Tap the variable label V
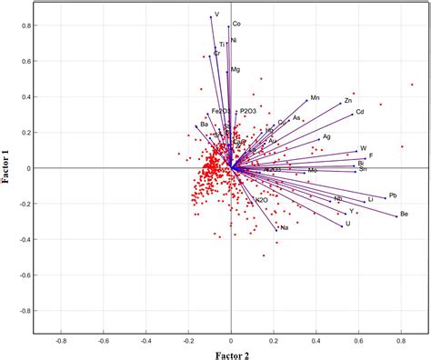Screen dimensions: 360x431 pyautogui.click(x=216, y=15)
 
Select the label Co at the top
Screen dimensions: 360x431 pyautogui.click(x=236, y=24)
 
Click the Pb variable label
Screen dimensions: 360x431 pyautogui.click(x=393, y=195)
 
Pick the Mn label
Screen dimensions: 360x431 pyautogui.click(x=315, y=97)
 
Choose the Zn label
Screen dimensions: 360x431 pyautogui.click(x=348, y=100)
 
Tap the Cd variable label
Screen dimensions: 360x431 pyautogui.click(x=360, y=113)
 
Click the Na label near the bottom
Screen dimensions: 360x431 pyautogui.click(x=285, y=227)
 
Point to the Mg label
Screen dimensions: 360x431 pyautogui.click(x=236, y=70)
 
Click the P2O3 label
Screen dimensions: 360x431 pyautogui.click(x=248, y=111)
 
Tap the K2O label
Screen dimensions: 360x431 pyautogui.click(x=262, y=200)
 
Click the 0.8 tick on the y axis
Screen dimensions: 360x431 pyautogui.click(x=27, y=25)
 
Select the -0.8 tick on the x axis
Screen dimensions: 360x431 pyautogui.click(x=61, y=342)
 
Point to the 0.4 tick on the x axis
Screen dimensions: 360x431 pyautogui.click(x=316, y=342)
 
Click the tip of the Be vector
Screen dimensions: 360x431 pyautogui.click(x=398, y=215)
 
